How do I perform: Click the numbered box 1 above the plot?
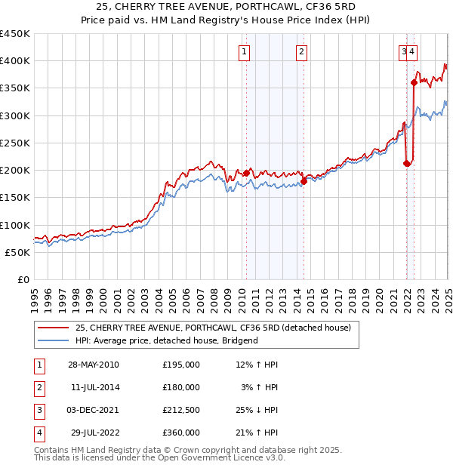coord(245,52)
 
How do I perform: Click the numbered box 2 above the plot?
coord(301,52)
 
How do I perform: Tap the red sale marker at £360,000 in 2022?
coord(414,82)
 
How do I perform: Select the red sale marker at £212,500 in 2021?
coord(407,163)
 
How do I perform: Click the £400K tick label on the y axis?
coord(14,61)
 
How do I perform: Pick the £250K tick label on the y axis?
coord(14,143)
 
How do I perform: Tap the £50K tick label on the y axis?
coord(17,252)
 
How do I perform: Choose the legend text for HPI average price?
coord(166,340)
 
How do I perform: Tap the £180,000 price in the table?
coord(181,387)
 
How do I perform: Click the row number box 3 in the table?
coord(38,411)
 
